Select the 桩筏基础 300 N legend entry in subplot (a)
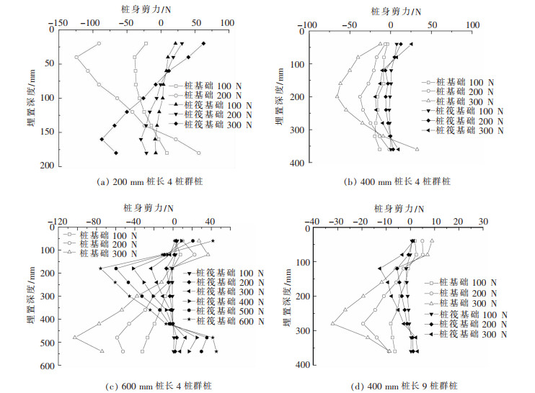(217, 125)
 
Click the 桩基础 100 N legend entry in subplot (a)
(208, 84)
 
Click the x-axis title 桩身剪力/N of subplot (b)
(391, 12)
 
